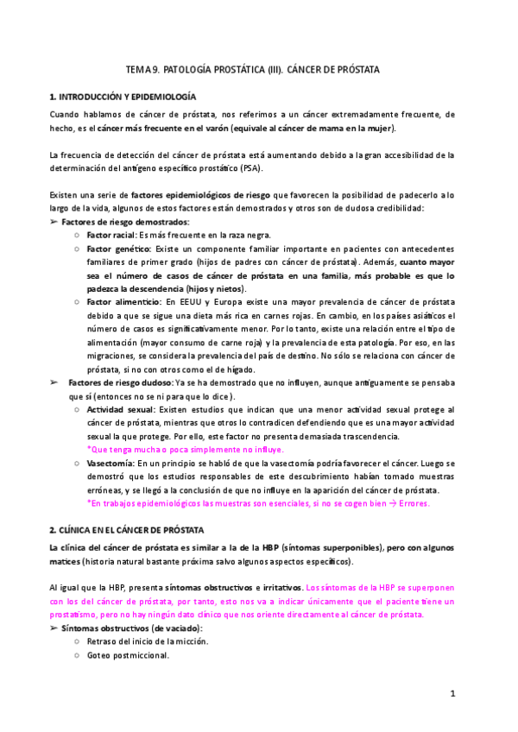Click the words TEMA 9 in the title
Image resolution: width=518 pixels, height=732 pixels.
point(142,68)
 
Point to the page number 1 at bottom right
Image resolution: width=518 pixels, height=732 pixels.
point(452,693)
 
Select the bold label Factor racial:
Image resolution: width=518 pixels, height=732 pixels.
point(112,235)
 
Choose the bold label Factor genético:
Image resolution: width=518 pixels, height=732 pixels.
point(117,249)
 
